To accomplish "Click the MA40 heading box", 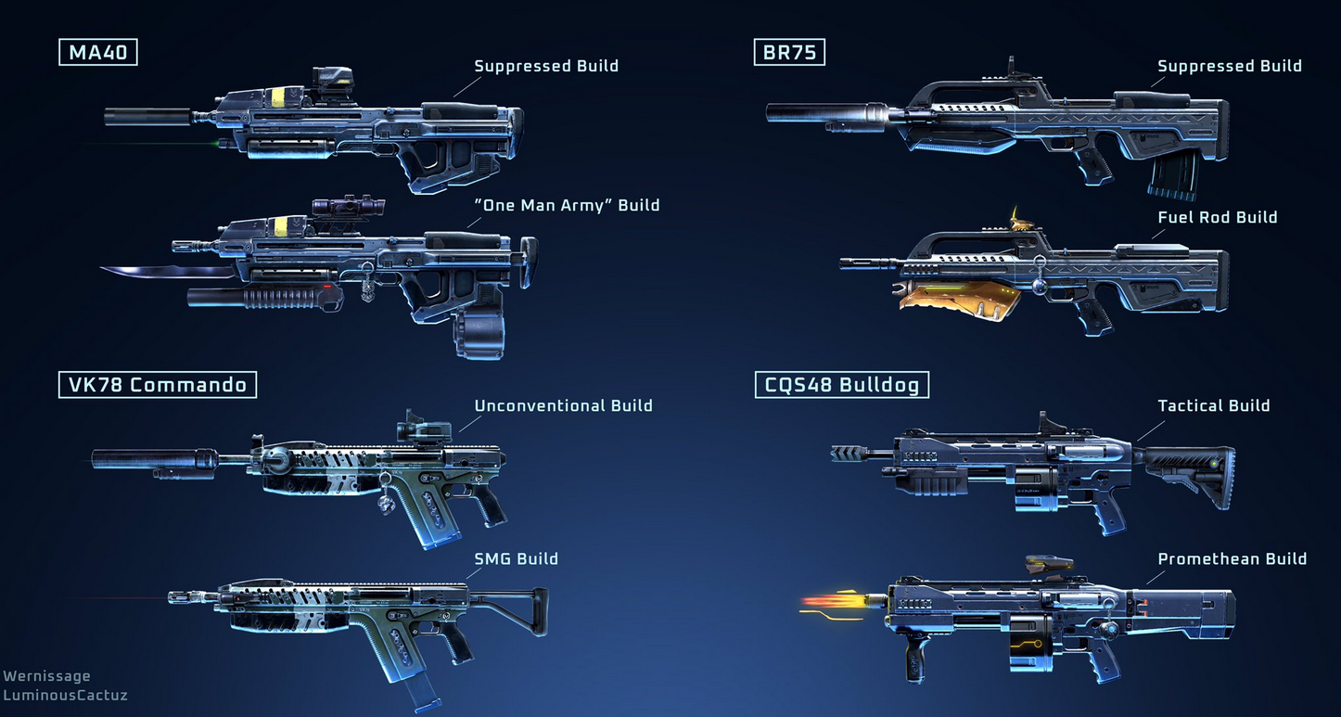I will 97,52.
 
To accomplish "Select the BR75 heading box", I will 789,52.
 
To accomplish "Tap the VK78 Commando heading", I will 157,384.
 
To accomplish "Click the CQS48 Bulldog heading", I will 842,384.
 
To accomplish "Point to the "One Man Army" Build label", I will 567,205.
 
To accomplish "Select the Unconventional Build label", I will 563,405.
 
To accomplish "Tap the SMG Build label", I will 516,558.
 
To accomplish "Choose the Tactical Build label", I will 1213,405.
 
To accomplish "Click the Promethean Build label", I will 1232,558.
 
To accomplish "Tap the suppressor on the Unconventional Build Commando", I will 148,457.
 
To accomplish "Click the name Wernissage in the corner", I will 46,676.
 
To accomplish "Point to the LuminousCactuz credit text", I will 65,695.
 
